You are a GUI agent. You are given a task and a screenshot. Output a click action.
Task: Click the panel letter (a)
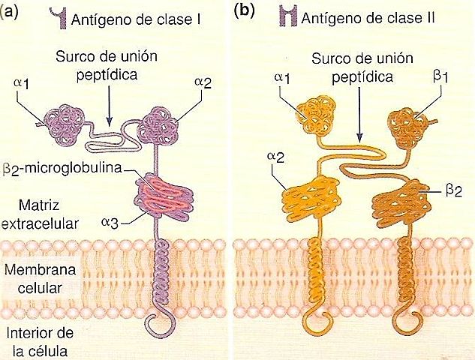pyautogui.click(x=10, y=10)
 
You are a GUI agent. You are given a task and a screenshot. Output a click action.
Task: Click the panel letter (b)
pyautogui.click(x=244, y=10)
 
